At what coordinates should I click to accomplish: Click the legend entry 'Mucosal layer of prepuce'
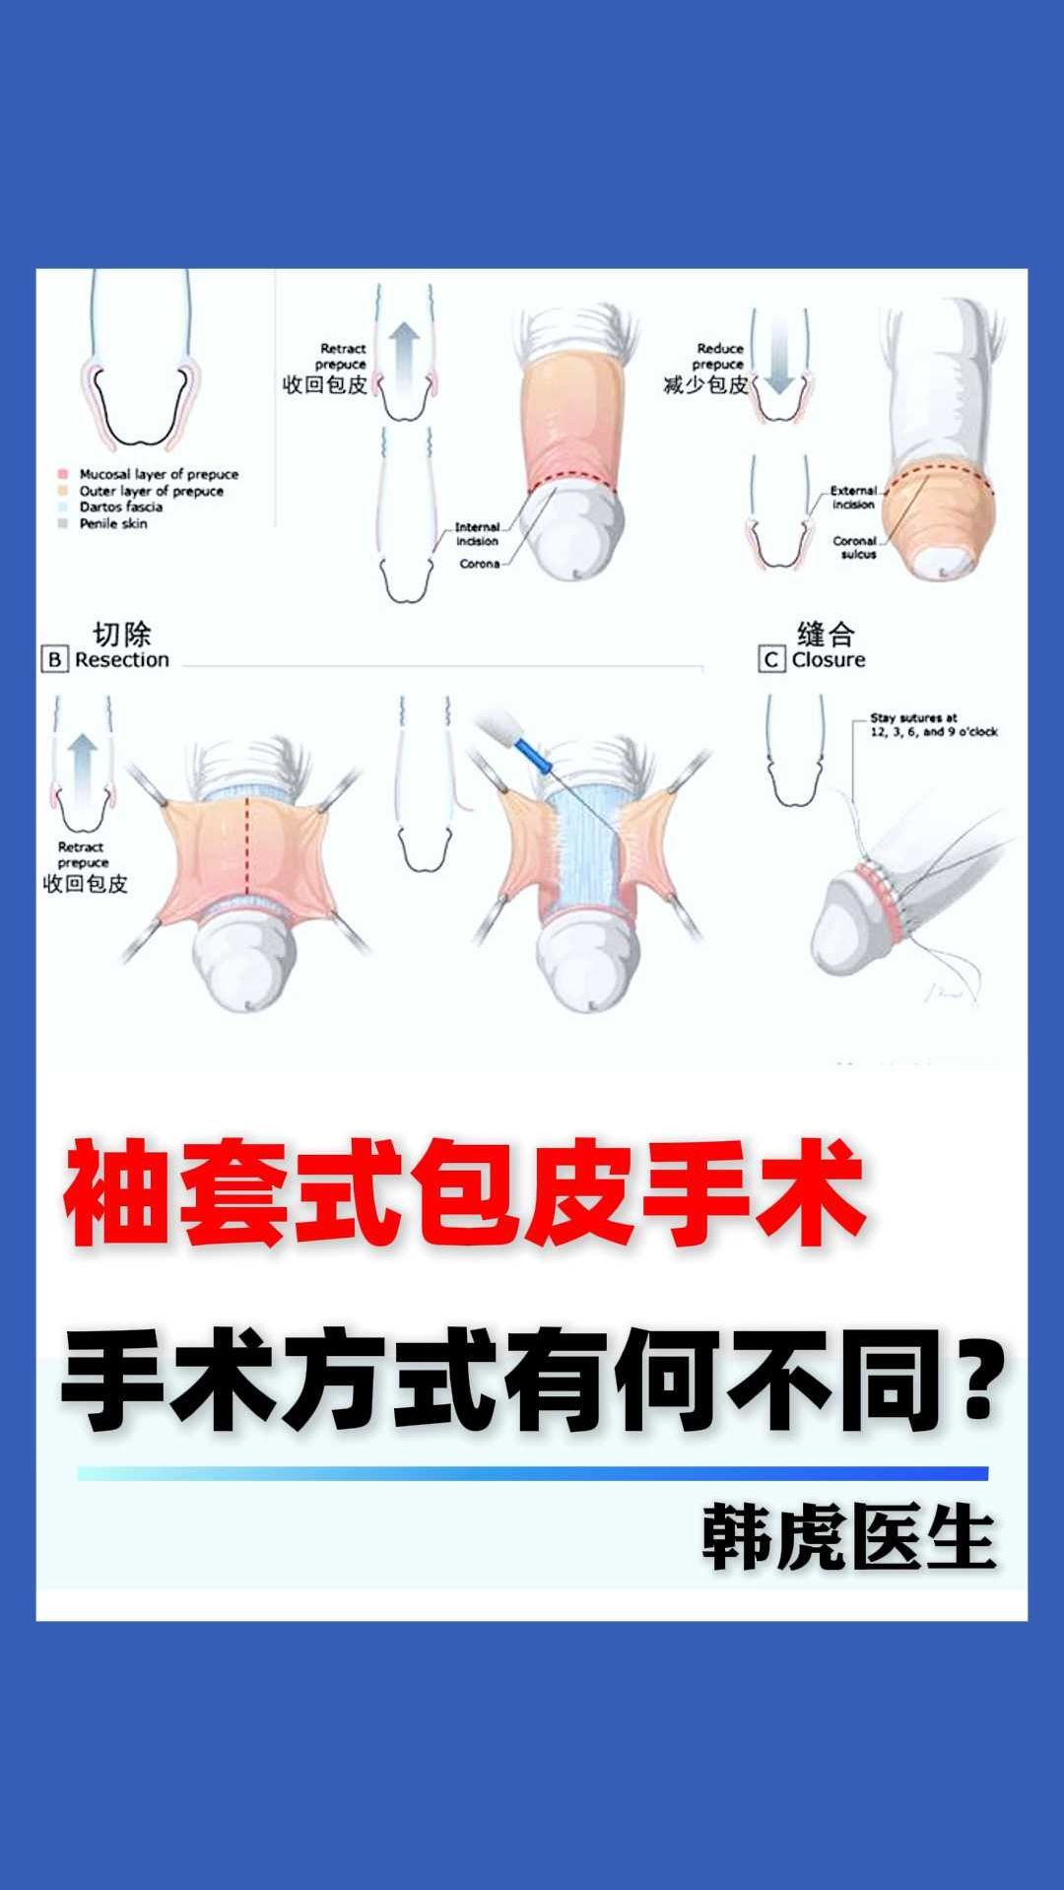(x=158, y=474)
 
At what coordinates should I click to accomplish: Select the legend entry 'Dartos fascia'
(x=120, y=506)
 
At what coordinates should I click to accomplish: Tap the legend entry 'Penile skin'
(x=112, y=523)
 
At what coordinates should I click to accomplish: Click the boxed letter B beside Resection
(x=54, y=659)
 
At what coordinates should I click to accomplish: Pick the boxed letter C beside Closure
(x=771, y=659)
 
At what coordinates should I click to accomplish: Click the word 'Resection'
(x=122, y=659)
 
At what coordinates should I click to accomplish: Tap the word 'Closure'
(x=829, y=659)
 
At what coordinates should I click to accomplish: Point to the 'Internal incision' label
(x=477, y=534)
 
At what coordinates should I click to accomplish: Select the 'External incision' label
(x=853, y=497)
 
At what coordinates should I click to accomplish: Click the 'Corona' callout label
(x=479, y=564)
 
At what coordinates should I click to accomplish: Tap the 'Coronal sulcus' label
(x=855, y=547)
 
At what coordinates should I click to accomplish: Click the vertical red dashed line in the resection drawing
(x=247, y=847)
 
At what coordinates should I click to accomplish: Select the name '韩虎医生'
(x=848, y=1537)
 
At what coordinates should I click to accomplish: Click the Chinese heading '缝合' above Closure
(x=826, y=633)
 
